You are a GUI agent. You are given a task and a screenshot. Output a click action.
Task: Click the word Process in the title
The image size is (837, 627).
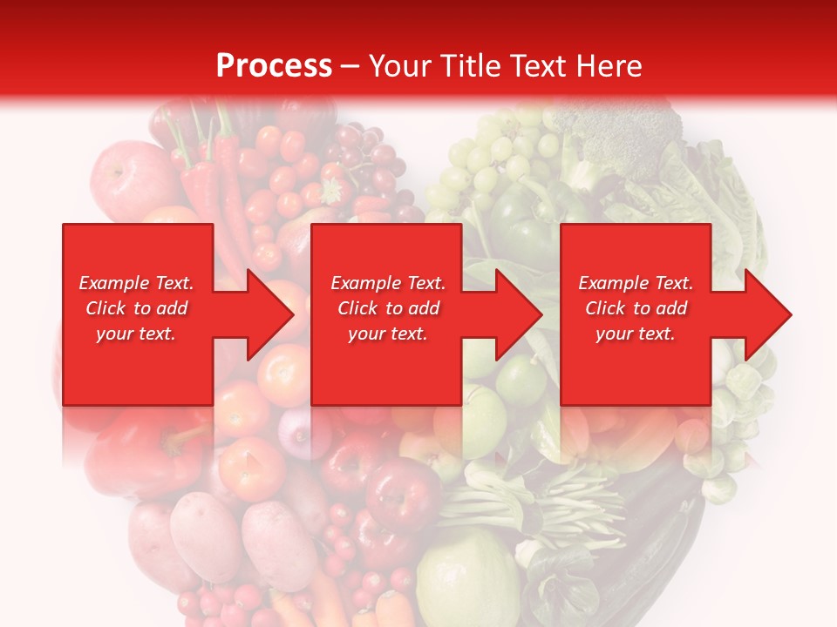[x=274, y=66]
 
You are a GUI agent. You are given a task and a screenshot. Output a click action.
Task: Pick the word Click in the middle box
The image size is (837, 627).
[x=357, y=308]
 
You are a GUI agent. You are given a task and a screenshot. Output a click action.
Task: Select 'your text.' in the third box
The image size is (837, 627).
[x=635, y=334]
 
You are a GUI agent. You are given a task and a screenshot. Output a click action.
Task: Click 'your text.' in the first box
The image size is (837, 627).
[x=135, y=334]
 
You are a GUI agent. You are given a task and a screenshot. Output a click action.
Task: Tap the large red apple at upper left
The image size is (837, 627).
[x=131, y=179]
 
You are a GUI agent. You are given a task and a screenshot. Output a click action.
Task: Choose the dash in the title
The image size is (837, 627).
[x=350, y=66]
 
